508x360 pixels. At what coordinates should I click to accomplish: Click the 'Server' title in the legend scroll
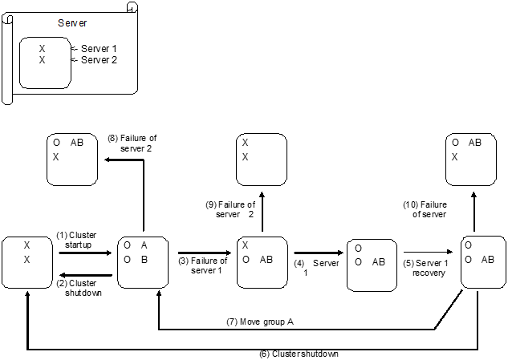(72, 23)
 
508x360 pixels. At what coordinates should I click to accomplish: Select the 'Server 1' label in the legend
(99, 49)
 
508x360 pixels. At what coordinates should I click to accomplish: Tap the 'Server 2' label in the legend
(99, 59)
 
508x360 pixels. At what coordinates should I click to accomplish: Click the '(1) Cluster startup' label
(75, 240)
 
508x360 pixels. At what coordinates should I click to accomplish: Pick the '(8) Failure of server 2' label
(132, 144)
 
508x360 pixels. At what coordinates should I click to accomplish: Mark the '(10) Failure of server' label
(425, 209)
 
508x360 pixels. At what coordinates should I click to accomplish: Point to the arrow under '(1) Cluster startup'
(85, 253)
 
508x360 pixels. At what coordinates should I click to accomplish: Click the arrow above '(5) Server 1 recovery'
(430, 252)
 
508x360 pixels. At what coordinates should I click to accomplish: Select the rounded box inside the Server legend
(43, 62)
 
